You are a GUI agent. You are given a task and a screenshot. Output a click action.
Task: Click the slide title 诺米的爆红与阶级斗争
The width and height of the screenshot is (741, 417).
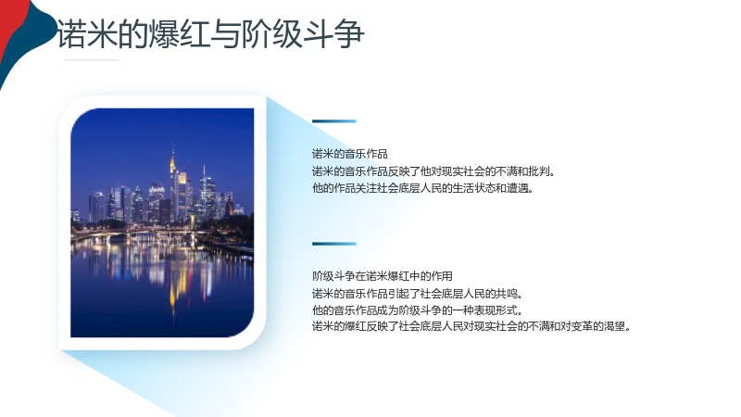(x=210, y=34)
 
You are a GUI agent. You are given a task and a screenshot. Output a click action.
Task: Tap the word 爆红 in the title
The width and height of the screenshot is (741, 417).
(x=180, y=34)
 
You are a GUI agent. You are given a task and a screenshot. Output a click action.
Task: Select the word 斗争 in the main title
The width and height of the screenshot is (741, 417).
(x=333, y=34)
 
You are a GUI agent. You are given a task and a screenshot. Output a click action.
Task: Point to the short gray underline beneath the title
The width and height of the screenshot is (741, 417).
(x=92, y=60)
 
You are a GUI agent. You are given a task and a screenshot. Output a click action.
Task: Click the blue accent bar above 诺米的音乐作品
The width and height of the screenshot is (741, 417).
(x=334, y=121)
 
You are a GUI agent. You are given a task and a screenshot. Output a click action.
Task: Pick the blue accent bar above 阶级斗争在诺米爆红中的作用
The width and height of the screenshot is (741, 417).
(x=334, y=244)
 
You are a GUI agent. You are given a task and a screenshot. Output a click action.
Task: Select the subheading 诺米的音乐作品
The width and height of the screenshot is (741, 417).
(x=350, y=154)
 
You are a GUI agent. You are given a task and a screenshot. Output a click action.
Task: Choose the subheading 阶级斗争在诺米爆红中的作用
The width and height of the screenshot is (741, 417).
(x=383, y=276)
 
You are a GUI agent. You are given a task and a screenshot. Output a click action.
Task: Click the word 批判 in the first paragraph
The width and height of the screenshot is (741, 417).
(x=538, y=171)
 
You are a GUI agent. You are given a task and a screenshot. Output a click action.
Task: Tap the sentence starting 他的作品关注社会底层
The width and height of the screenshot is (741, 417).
(x=423, y=188)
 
